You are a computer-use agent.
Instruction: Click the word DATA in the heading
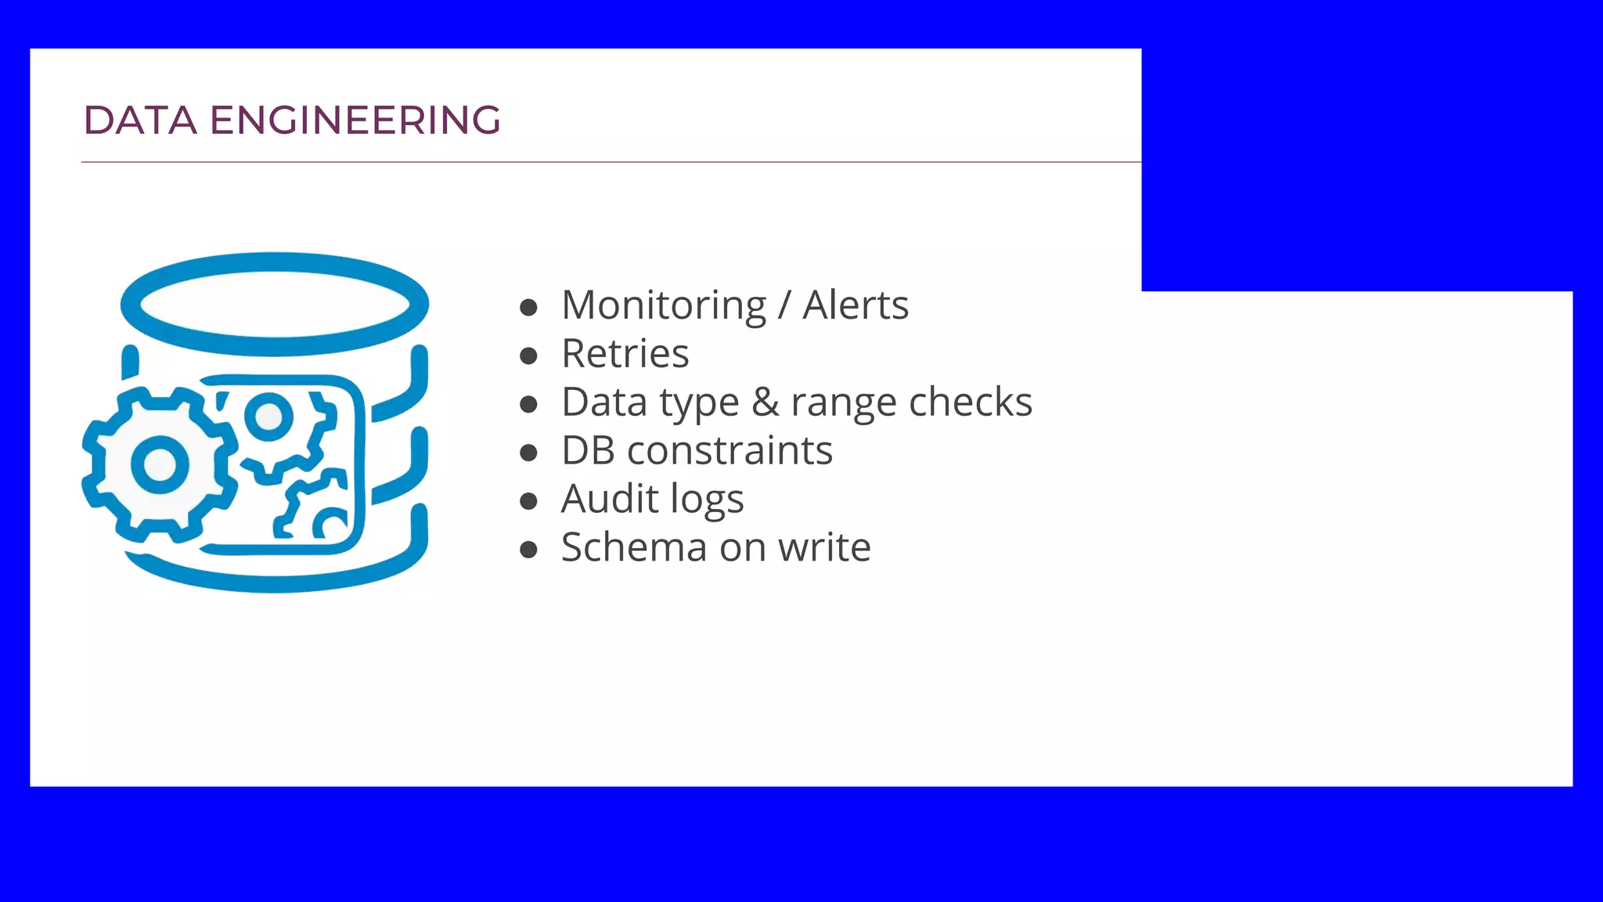coord(139,121)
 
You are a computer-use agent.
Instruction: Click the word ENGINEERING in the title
coord(355,121)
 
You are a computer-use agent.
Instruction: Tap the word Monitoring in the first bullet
coord(664,305)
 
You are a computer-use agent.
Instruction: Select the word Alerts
coord(856,305)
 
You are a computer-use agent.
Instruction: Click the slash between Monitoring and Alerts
coord(784,305)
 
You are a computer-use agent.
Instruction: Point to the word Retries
coord(625,354)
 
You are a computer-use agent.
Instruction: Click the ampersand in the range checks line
coord(765,402)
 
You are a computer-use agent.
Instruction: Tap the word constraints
coord(729,451)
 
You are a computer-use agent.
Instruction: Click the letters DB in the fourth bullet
coord(588,451)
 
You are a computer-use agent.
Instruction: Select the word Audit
coord(610,500)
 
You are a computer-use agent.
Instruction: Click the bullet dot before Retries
coord(528,356)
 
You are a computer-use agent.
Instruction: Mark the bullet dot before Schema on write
coord(528,550)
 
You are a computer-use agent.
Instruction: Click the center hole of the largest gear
coord(160,464)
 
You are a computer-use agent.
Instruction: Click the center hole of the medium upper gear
coord(268,416)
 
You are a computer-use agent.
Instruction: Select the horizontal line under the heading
coord(611,162)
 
